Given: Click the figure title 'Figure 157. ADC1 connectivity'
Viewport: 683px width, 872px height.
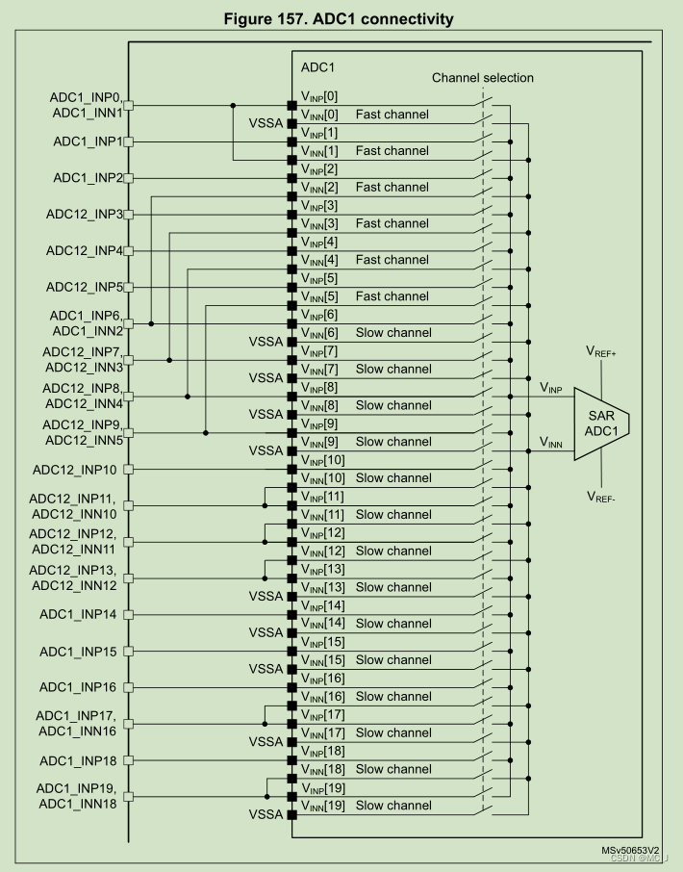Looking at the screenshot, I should pyautogui.click(x=341, y=19).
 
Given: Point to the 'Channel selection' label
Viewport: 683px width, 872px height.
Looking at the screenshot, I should pyautogui.click(x=482, y=78).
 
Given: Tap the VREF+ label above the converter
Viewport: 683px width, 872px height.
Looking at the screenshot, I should pyautogui.click(x=600, y=353).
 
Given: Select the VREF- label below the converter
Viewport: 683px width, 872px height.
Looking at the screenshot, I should pyautogui.click(x=600, y=497).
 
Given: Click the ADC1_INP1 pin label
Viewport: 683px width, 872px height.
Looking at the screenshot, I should pyautogui.click(x=87, y=141).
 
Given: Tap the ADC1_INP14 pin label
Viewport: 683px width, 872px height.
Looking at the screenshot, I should pyautogui.click(x=80, y=614).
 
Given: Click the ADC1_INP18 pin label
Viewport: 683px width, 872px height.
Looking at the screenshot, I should pyautogui.click(x=80, y=760).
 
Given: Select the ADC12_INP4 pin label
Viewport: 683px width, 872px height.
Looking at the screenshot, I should pyautogui.click(x=84, y=251).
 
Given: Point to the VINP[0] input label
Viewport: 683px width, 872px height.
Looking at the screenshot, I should pyautogui.click(x=319, y=96).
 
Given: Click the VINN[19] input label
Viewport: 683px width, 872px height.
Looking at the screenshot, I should pyautogui.click(x=322, y=806).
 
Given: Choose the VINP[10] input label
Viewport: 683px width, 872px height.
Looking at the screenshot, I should pyautogui.click(x=322, y=460).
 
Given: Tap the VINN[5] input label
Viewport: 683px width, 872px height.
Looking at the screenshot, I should pyautogui.click(x=319, y=296).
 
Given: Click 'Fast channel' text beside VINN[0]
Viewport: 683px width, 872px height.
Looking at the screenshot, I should pyautogui.click(x=392, y=115).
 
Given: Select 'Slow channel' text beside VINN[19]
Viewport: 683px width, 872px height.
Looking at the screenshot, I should pyautogui.click(x=393, y=806).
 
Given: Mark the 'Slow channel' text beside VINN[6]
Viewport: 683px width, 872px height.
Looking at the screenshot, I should pyautogui.click(x=393, y=333).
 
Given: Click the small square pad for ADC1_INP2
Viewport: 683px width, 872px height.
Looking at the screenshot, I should pyautogui.click(x=128, y=178).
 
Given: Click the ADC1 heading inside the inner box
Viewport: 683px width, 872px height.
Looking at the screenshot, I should pyautogui.click(x=317, y=68).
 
